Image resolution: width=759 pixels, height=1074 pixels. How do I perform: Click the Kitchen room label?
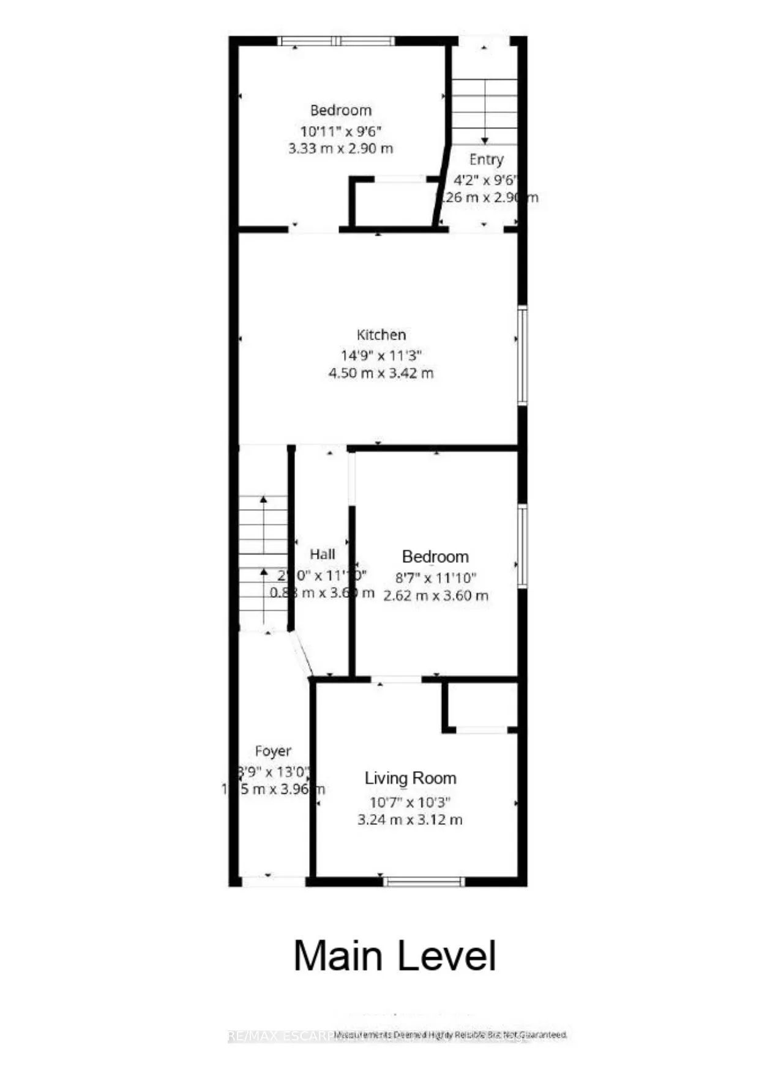pos(381,335)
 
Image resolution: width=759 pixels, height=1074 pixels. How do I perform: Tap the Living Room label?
pos(410,778)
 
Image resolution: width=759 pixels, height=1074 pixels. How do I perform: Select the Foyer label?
pos(273,751)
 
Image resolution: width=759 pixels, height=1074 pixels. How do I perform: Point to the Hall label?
pos(322,554)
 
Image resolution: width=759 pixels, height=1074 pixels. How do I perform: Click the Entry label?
pos(486,160)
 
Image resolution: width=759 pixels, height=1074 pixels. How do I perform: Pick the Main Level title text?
pos(395,956)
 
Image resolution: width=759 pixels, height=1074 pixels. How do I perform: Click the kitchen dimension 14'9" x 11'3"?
pos(381,355)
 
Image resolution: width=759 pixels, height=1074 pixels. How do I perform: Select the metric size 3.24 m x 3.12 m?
pos(410,819)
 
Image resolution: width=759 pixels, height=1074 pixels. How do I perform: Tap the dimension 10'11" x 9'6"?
pos(340,131)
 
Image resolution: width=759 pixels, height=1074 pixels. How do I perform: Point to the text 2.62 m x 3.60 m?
pos(436,595)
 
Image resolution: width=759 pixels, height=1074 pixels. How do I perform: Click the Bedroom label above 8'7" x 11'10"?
pos(435,557)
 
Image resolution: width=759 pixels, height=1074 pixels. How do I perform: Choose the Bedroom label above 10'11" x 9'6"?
pos(340,111)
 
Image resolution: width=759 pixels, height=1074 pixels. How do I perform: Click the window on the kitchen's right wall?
pos(522,355)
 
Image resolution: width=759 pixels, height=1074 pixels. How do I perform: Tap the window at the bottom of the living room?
pos(424,881)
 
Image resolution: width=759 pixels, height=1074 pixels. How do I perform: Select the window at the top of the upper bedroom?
pos(335,41)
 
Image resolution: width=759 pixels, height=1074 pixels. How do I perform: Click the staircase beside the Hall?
pos(263,563)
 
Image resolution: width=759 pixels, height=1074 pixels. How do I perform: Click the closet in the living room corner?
pos(482,705)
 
